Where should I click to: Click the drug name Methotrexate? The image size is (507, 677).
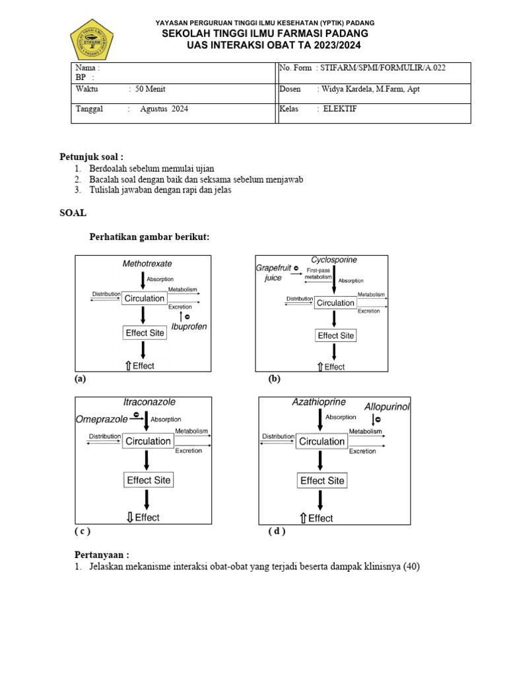147,264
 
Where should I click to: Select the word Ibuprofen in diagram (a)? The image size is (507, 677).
189,327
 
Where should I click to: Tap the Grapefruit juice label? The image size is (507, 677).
273,272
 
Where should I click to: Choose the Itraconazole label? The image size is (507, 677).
149,402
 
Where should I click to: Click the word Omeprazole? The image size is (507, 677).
101,419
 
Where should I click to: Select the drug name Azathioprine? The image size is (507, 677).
320,402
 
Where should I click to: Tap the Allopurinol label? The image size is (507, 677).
387,407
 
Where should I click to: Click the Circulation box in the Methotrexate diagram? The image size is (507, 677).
145,299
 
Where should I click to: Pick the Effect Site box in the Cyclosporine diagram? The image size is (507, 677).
336,336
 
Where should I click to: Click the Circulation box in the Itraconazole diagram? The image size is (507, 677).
148,441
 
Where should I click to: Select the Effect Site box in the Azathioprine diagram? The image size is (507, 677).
322,481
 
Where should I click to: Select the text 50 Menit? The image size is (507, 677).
149,89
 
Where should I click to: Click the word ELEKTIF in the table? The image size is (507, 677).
340,109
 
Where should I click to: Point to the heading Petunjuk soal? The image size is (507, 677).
92,157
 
